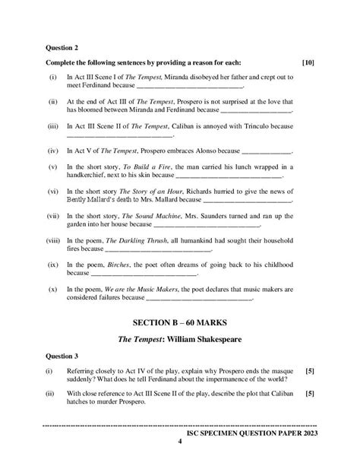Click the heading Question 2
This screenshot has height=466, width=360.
click(63, 46)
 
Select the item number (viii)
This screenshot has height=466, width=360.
click(53, 239)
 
